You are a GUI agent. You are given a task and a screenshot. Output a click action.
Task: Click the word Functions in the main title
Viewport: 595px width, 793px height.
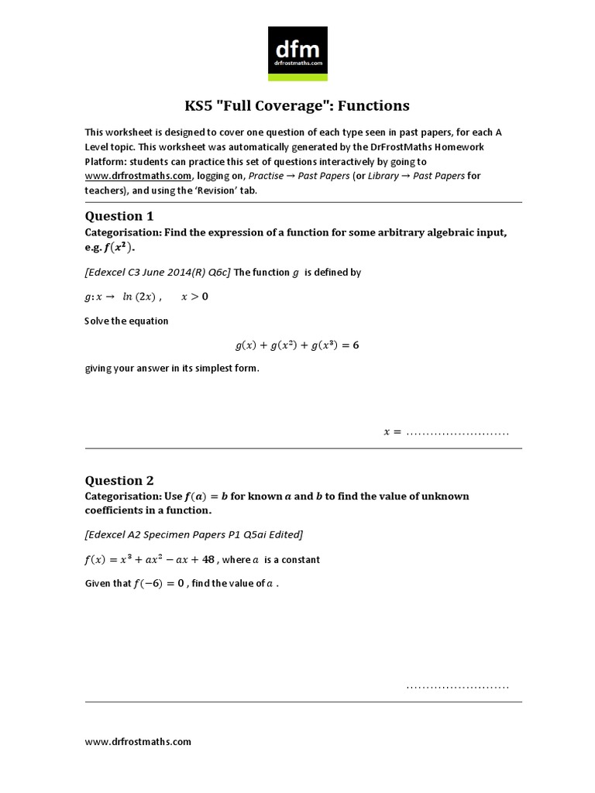click(x=373, y=105)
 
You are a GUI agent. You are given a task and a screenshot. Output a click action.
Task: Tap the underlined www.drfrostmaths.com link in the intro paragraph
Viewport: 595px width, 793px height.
click(x=138, y=176)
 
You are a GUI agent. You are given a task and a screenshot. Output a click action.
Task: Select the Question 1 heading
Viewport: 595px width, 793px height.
click(x=114, y=216)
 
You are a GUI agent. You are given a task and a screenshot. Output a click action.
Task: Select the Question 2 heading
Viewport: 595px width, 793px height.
click(x=114, y=480)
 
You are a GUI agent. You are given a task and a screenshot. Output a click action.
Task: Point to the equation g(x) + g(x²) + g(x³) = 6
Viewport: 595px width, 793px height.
click(x=297, y=345)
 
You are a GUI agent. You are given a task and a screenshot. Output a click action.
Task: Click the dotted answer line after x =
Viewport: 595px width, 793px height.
click(x=457, y=432)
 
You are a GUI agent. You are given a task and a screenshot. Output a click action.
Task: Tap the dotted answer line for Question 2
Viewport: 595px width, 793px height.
click(x=457, y=686)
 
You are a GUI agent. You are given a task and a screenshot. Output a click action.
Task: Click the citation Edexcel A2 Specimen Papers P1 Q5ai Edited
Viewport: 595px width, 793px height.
click(x=194, y=535)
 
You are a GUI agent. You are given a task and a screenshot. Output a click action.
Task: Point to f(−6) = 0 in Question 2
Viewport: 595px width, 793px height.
click(x=159, y=583)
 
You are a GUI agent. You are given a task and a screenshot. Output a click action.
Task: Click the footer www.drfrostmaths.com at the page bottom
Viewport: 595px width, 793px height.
click(x=138, y=741)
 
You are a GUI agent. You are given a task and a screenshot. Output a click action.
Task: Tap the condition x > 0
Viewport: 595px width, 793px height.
click(x=194, y=297)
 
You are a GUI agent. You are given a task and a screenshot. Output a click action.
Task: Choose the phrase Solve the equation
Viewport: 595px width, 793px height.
click(x=126, y=321)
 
